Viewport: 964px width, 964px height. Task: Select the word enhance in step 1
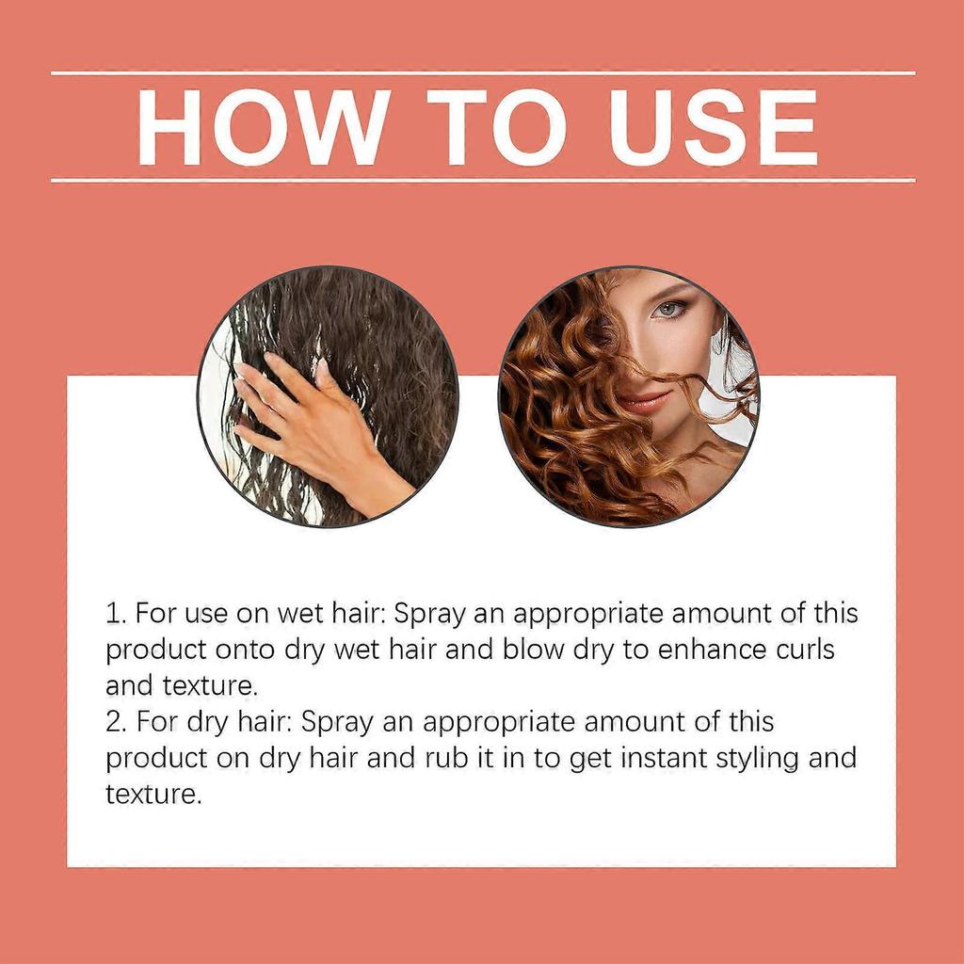[x=688, y=651]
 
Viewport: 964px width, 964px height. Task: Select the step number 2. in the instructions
[x=117, y=723]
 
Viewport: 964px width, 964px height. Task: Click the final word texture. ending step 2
[x=153, y=795]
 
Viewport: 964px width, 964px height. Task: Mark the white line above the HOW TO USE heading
[x=482, y=72]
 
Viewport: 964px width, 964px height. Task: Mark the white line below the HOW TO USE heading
[x=482, y=179]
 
